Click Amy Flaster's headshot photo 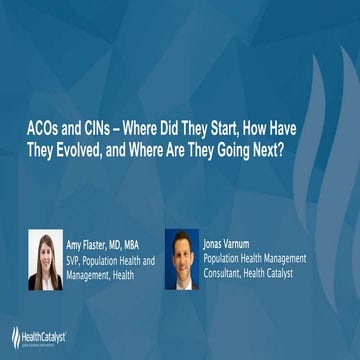tap(46, 259)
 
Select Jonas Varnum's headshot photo tap(181, 259)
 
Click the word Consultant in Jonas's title tap(226, 270)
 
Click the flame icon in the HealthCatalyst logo tap(16, 337)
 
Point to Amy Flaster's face tap(46, 251)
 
